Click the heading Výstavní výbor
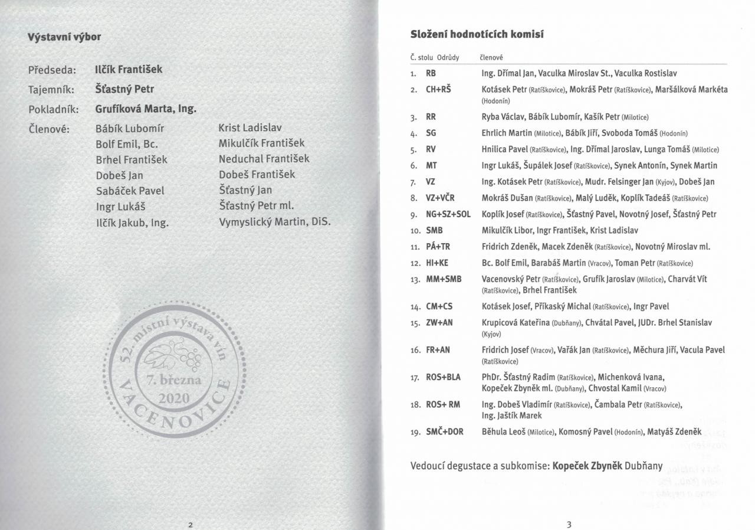(64, 37)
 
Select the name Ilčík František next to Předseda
(129, 70)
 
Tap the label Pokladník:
(54, 110)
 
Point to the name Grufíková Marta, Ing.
(146, 109)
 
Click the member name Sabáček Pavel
(130, 191)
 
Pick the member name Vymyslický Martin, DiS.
(274, 222)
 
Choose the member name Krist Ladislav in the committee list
(250, 127)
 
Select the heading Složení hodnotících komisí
(477, 34)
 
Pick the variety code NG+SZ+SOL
(448, 214)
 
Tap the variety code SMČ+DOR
(445, 431)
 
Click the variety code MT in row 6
(432, 165)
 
